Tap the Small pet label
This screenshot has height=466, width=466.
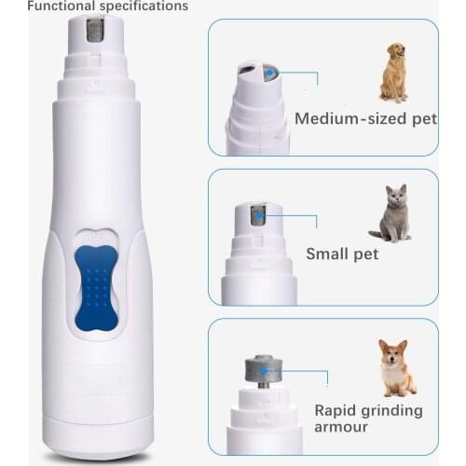(342, 254)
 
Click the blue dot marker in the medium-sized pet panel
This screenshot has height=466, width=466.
(269, 72)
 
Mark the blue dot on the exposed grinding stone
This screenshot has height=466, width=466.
(264, 371)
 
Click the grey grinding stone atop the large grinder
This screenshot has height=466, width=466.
(99, 29)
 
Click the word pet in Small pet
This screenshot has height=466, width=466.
(365, 254)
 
